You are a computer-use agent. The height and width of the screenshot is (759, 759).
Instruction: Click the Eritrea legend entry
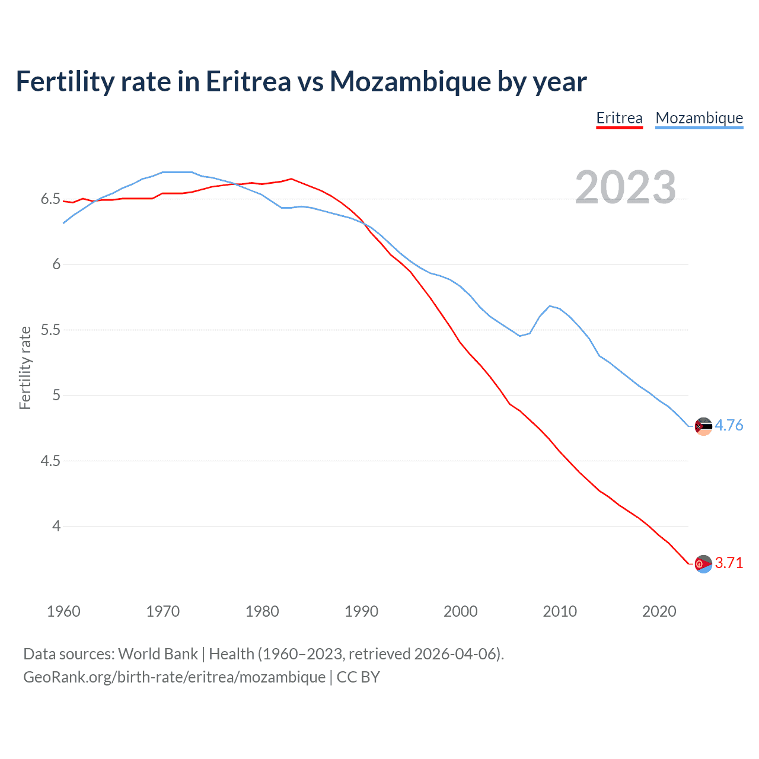[619, 118]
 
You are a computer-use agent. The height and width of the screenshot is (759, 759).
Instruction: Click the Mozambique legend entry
[699, 118]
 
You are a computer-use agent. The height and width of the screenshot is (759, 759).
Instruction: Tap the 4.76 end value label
[729, 425]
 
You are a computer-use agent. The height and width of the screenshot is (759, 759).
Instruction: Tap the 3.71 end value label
[729, 563]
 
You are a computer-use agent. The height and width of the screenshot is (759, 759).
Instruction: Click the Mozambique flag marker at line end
[703, 426]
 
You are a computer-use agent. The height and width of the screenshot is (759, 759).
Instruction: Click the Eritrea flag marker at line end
[703, 564]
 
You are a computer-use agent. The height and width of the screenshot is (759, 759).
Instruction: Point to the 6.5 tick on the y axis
[50, 199]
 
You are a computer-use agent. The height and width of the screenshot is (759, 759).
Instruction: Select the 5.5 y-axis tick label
[50, 330]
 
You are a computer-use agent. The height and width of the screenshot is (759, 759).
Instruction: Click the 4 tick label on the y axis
[56, 526]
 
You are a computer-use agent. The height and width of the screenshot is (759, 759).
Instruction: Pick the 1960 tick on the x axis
[63, 611]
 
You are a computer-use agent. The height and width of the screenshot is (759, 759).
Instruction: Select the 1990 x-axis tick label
[361, 611]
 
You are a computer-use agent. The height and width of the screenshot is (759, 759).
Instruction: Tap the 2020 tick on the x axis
[659, 611]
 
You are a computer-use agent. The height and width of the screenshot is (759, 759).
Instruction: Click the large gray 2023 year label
[625, 187]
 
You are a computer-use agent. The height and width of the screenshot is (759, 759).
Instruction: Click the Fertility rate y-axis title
[25, 368]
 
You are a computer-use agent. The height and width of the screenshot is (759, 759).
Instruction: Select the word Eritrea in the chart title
[248, 81]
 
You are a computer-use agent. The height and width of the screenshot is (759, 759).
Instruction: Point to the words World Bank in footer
[158, 654]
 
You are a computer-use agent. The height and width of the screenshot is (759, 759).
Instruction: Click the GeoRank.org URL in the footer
[174, 677]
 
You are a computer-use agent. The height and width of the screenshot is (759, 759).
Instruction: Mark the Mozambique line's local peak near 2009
[550, 306]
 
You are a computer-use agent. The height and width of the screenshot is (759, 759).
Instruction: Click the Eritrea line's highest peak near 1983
[291, 178]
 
